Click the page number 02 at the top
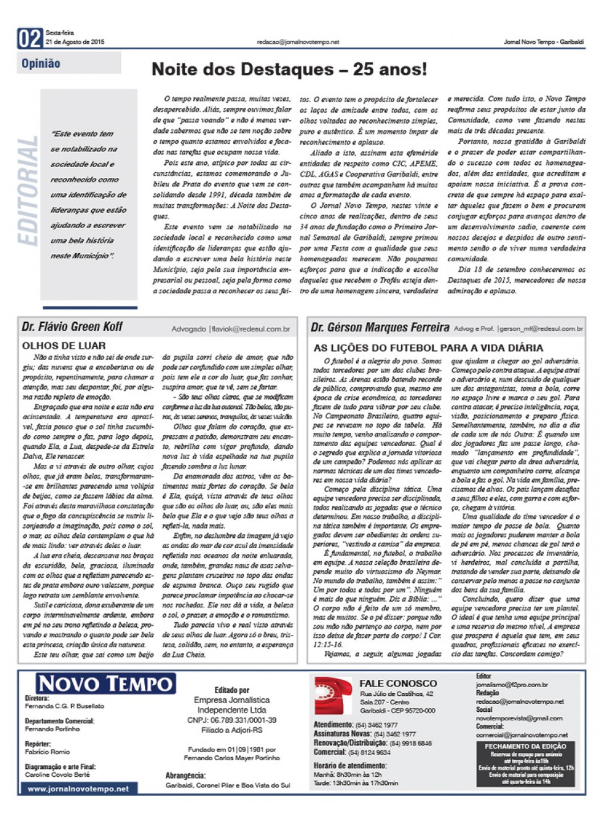click(x=30, y=38)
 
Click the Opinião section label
click(x=40, y=63)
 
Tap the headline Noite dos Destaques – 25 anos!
click(x=288, y=70)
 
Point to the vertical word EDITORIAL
click(x=28, y=191)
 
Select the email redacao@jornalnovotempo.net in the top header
click(x=298, y=42)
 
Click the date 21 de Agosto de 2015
click(x=75, y=42)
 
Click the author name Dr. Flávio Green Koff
click(x=72, y=327)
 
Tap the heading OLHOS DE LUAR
click(x=64, y=346)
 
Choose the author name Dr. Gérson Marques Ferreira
click(x=380, y=327)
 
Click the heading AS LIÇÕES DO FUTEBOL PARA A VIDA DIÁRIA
click(x=428, y=348)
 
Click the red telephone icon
click(x=333, y=695)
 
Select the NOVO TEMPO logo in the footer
click(x=106, y=684)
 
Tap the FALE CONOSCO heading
click(x=398, y=683)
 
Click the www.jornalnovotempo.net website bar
click(x=78, y=789)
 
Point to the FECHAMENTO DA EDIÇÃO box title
click(x=525, y=746)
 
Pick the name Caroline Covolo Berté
click(x=57, y=775)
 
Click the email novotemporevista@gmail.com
click(x=519, y=718)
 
